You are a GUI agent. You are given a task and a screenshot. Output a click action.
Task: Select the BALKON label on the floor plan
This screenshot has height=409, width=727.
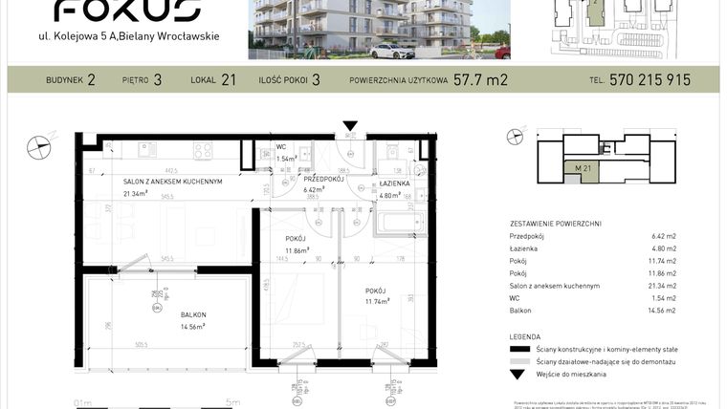click(193, 313)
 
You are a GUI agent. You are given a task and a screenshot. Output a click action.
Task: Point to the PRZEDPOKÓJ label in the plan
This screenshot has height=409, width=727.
click(323, 179)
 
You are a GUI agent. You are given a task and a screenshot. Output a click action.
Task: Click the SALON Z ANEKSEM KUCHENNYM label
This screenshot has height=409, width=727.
click(172, 182)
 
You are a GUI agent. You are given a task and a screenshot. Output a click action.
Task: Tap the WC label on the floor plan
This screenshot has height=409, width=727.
click(281, 147)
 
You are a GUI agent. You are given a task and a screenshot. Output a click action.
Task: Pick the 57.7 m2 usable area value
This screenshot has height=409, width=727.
click(479, 80)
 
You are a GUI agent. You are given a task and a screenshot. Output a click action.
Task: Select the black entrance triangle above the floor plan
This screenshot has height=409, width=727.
click(351, 124)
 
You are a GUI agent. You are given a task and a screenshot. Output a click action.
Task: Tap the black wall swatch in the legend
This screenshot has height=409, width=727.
click(518, 350)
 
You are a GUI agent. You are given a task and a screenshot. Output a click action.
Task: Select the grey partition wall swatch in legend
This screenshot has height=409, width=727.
click(518, 362)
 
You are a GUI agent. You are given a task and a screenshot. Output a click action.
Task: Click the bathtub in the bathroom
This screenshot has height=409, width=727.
click(396, 223)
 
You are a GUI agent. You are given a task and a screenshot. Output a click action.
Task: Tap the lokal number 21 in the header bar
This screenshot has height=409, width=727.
click(228, 80)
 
